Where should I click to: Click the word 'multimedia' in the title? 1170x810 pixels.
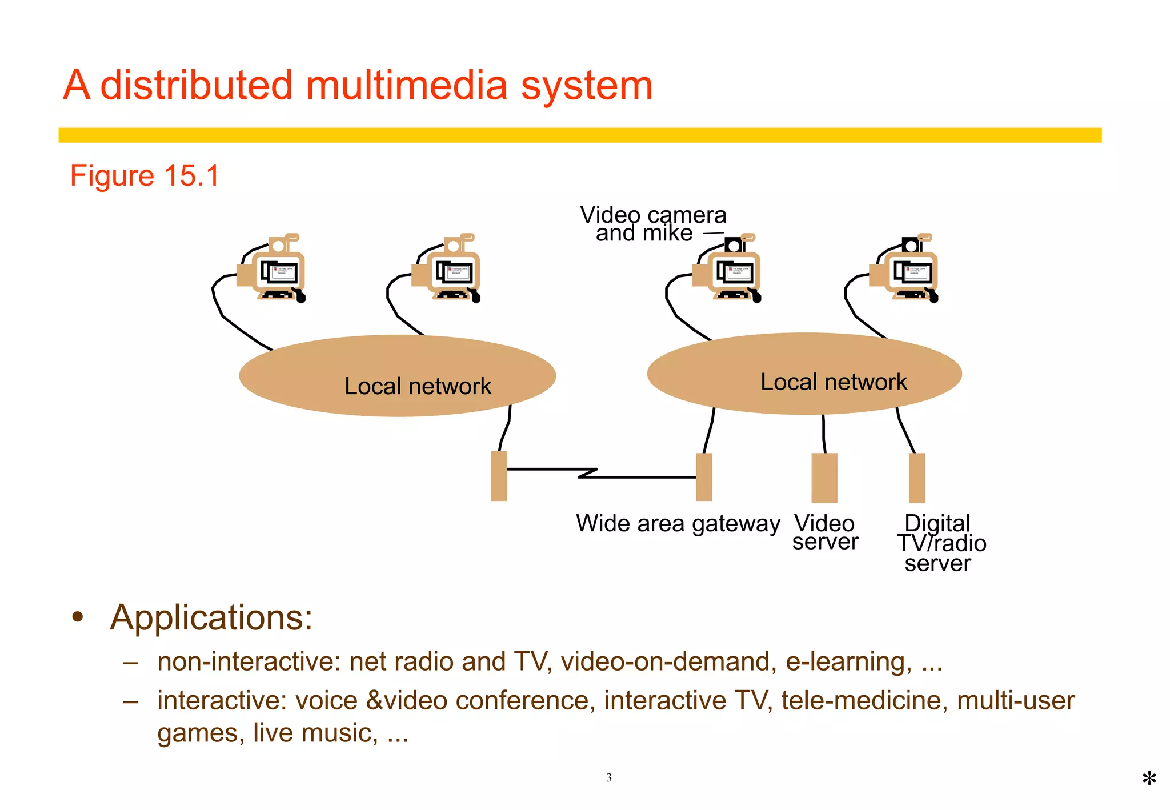pos(406,86)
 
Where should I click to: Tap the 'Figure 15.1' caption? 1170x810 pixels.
pos(145,175)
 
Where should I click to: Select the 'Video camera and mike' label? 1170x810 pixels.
pos(652,224)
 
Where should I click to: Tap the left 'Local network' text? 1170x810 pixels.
pos(418,386)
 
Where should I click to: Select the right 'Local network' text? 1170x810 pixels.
pos(833,382)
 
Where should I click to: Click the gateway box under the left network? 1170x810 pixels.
pos(499,476)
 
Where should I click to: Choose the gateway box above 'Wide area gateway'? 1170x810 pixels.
pos(704,477)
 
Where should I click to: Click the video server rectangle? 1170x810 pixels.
pos(824,478)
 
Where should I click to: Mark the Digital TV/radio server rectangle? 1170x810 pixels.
pos(916,478)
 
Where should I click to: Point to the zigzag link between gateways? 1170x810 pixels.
pos(588,472)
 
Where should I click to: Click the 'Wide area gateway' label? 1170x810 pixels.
pos(678,523)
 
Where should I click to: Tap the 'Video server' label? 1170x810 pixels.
pos(824,532)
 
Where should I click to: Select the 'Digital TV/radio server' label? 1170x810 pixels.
pos(940,543)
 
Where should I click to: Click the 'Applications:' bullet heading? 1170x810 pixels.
pos(211,617)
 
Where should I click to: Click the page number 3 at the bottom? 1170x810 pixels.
pos(608,777)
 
